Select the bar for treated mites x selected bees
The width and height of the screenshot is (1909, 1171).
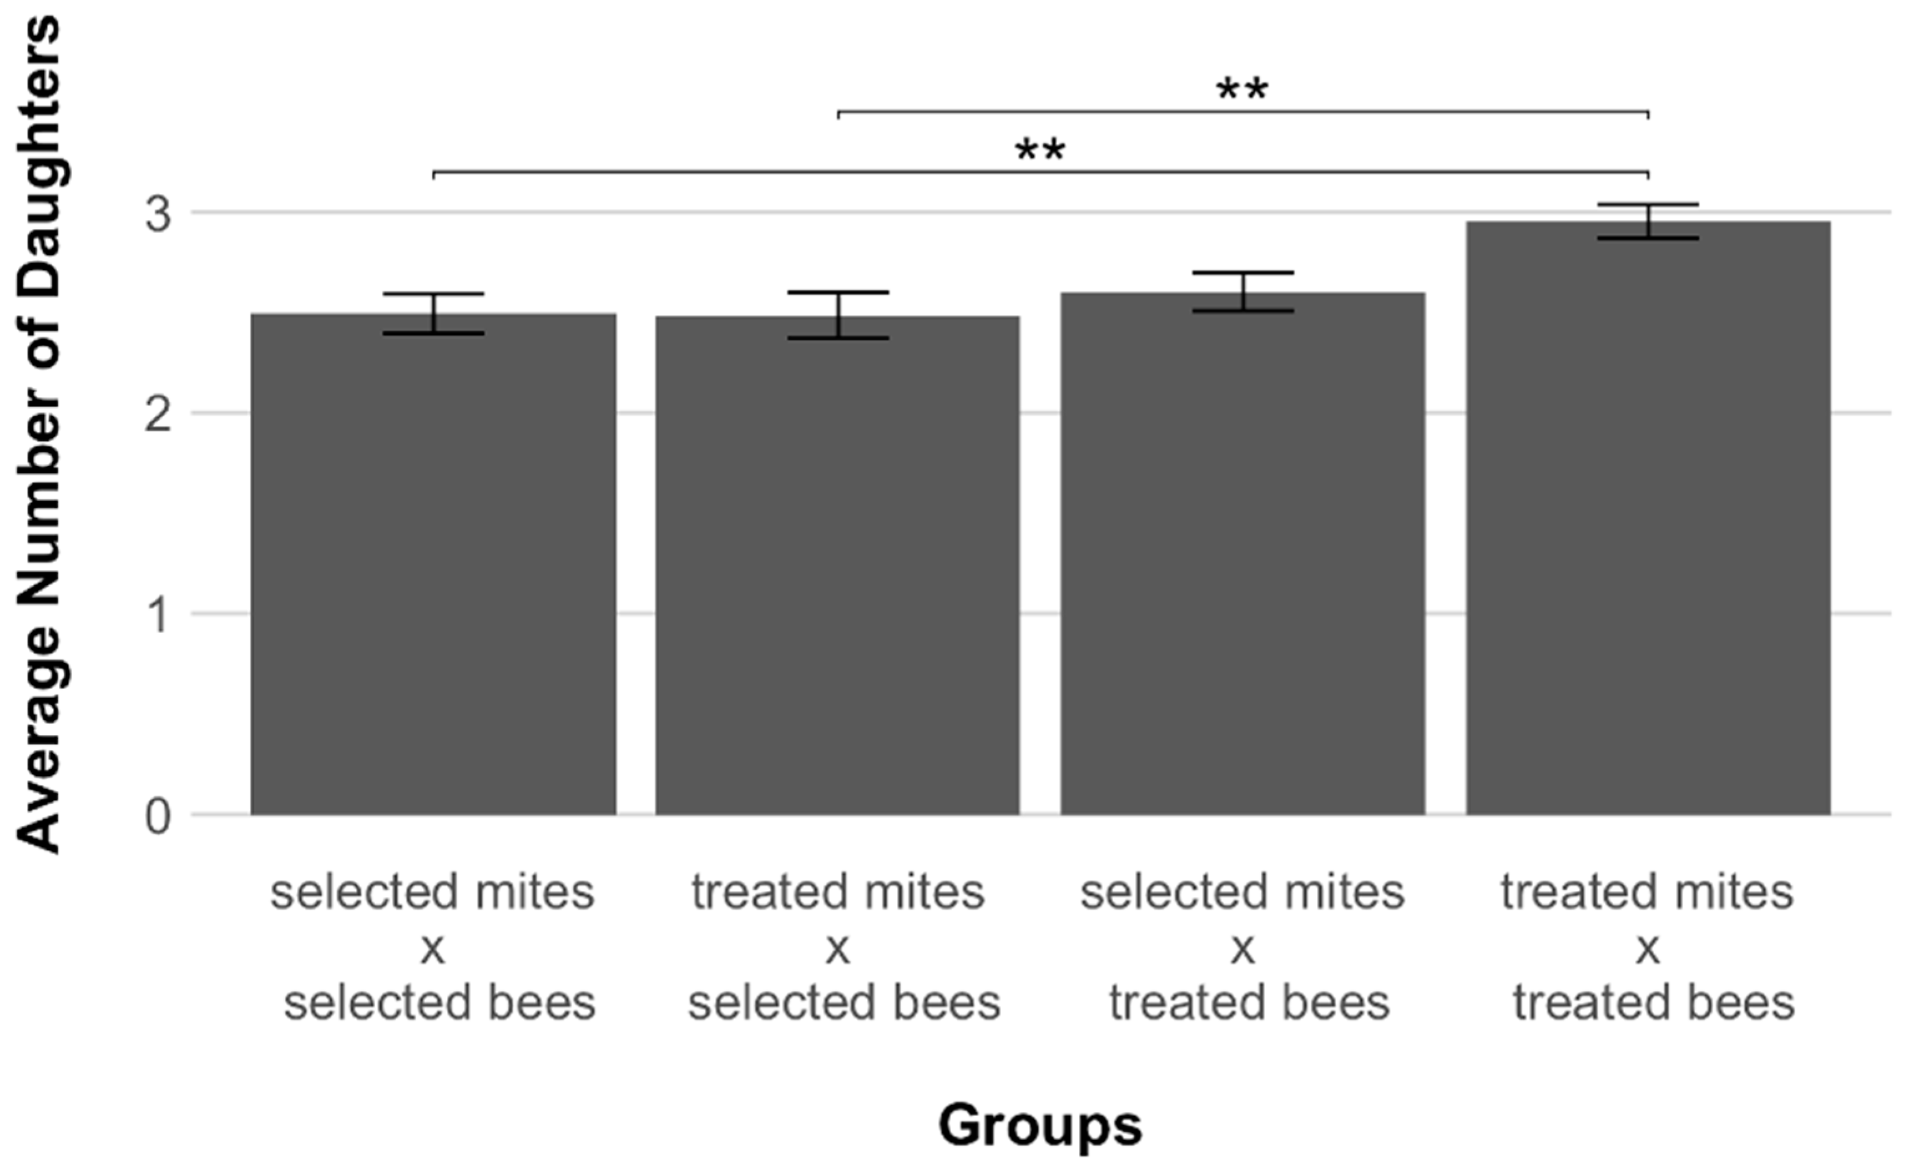point(838,566)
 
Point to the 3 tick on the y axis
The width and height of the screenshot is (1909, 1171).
point(158,213)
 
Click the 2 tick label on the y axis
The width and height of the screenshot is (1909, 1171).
point(158,415)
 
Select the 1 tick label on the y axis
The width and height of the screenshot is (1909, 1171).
point(158,616)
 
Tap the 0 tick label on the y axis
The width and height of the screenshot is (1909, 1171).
point(158,817)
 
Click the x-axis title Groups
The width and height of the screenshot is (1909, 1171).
point(1040,1125)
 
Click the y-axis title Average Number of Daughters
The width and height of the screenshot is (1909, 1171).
point(39,434)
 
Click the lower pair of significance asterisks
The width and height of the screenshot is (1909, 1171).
point(1040,151)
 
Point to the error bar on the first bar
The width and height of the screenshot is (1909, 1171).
point(434,314)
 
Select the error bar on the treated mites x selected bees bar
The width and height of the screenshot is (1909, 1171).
point(838,316)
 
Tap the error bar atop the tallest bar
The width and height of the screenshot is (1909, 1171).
point(1648,221)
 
